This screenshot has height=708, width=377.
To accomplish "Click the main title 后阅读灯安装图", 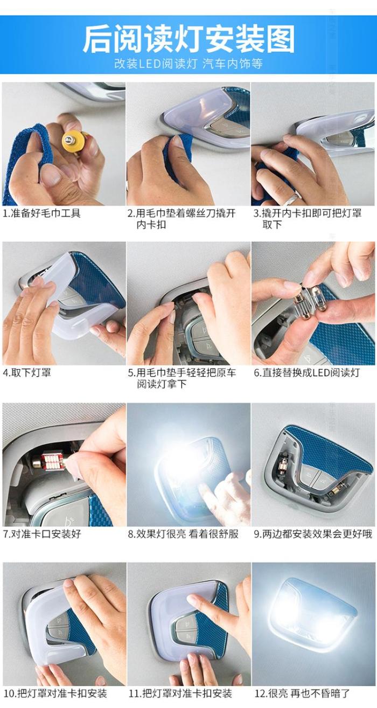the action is pyautogui.click(x=188, y=39).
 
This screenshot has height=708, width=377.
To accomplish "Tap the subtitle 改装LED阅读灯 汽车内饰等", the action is pyautogui.click(x=188, y=64).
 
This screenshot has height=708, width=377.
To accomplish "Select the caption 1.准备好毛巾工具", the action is pyautogui.click(x=41, y=213).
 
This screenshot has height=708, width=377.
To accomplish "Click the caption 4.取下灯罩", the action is pyautogui.click(x=27, y=372).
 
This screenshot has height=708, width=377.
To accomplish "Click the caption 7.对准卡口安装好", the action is pyautogui.click(x=41, y=534).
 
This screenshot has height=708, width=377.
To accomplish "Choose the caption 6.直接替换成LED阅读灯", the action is pyautogui.click(x=306, y=372).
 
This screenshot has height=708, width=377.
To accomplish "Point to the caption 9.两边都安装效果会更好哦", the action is pyautogui.click(x=313, y=534).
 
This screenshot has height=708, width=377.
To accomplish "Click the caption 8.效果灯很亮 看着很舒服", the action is pyautogui.click(x=183, y=534).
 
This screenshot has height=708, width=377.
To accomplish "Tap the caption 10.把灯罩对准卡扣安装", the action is pyautogui.click(x=55, y=693).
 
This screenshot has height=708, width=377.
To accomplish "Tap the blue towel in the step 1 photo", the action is pyautogui.click(x=27, y=158).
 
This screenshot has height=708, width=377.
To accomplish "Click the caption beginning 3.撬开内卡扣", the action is pyautogui.click(x=308, y=219).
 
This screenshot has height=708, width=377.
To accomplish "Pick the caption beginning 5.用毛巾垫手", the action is pyautogui.click(x=182, y=378).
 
